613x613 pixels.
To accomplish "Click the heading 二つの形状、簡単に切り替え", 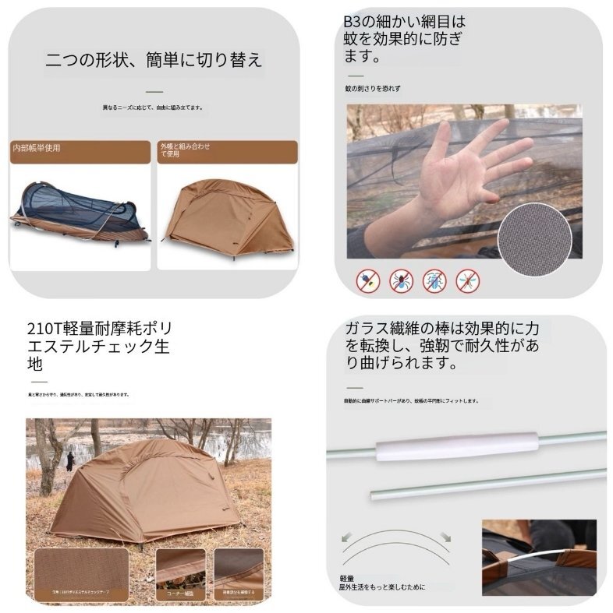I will [154, 60].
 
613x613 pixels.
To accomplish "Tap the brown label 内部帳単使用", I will [37, 147].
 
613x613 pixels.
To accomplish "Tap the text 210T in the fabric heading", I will [41, 327].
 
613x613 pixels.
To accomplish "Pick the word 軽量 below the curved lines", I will [348, 579].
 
